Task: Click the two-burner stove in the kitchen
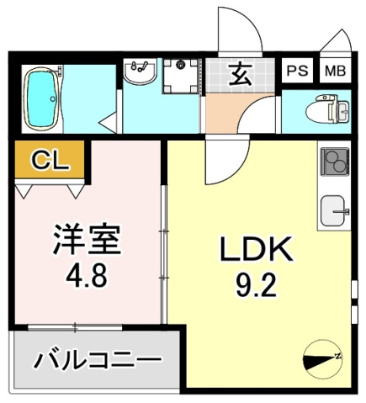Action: click(x=334, y=159)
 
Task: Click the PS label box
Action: click(x=297, y=71)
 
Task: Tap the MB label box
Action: click(x=335, y=71)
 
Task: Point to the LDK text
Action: click(x=256, y=251)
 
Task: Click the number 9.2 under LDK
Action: click(x=256, y=286)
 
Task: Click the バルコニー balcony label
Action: click(x=98, y=361)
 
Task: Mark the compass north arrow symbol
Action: click(x=324, y=358)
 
